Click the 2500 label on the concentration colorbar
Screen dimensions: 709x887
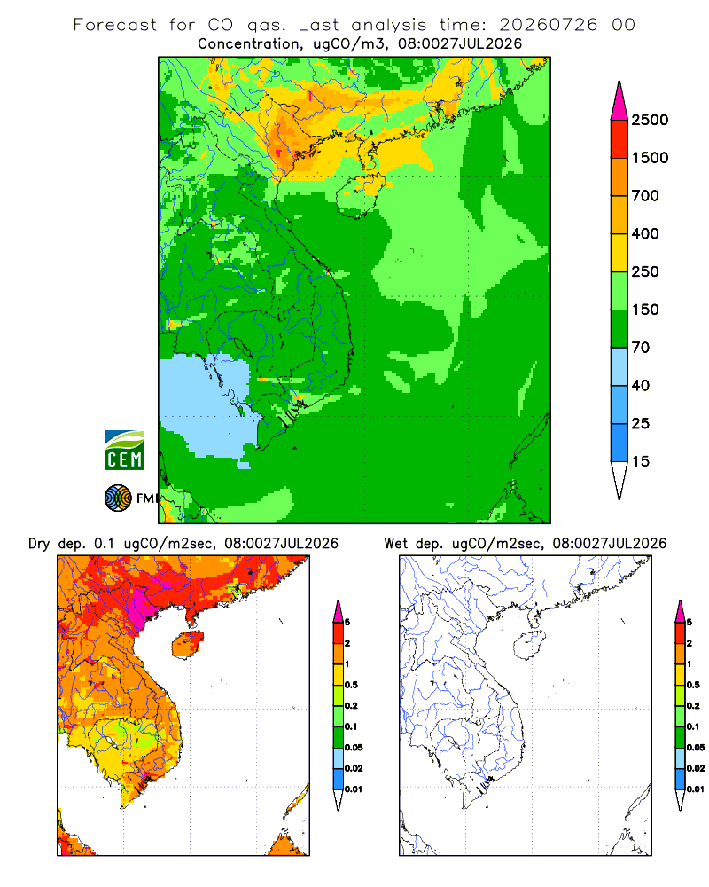click(650, 120)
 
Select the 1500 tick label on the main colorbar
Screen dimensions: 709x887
click(650, 158)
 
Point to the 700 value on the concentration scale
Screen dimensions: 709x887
click(645, 196)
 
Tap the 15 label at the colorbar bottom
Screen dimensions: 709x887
click(641, 461)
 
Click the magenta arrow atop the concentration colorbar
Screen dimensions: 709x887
click(619, 102)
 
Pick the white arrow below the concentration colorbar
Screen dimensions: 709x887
click(619, 480)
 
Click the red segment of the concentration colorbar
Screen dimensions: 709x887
click(619, 139)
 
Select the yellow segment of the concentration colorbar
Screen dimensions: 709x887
click(619, 253)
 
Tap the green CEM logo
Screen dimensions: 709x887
click(124, 451)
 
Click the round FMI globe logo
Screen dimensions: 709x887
click(118, 498)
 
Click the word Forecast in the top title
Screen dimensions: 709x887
click(115, 25)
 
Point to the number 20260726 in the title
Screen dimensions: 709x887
click(548, 25)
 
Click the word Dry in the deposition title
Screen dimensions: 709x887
click(39, 544)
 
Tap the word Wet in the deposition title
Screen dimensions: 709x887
click(396, 544)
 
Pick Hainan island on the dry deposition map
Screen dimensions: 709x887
click(187, 645)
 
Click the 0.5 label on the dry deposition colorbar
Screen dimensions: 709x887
click(351, 685)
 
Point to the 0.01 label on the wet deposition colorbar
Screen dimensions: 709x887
click(696, 789)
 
